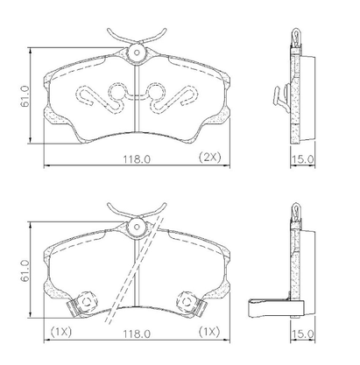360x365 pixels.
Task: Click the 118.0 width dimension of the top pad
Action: (137, 158)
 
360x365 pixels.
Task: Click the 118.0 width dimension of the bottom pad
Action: (137, 333)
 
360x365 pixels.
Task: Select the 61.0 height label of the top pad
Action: (25, 96)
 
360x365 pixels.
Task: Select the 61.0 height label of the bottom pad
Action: (25, 270)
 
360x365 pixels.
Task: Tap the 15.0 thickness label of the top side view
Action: (303, 159)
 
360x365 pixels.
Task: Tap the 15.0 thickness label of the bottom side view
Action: (303, 334)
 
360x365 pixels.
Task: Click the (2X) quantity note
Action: (210, 158)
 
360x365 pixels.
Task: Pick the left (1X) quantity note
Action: (61, 332)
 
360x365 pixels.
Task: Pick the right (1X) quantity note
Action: (209, 332)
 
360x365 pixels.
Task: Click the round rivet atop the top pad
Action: (137, 53)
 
